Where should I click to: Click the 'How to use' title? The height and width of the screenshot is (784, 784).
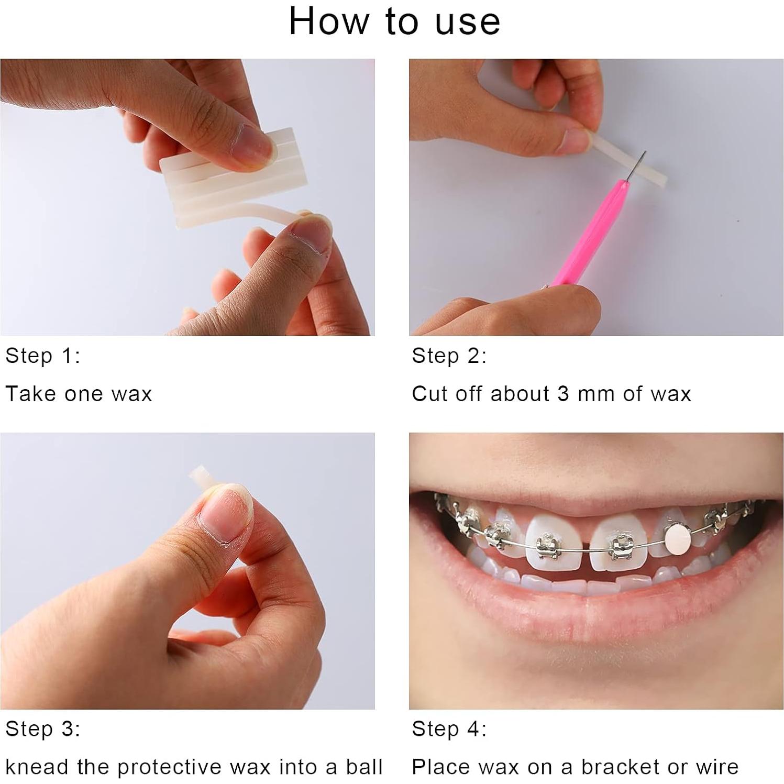click(x=394, y=22)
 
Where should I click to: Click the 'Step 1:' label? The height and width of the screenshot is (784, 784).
click(x=42, y=356)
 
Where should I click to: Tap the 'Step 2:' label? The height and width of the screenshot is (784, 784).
click(x=449, y=356)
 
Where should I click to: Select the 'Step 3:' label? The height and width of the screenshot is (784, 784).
click(x=42, y=729)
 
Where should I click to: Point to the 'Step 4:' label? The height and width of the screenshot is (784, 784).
click(x=449, y=729)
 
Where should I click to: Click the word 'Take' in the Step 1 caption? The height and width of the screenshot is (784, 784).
click(x=28, y=394)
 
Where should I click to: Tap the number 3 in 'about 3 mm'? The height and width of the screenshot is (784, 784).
click(x=563, y=394)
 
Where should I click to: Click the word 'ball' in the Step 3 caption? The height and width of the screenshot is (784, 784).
click(x=364, y=767)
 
